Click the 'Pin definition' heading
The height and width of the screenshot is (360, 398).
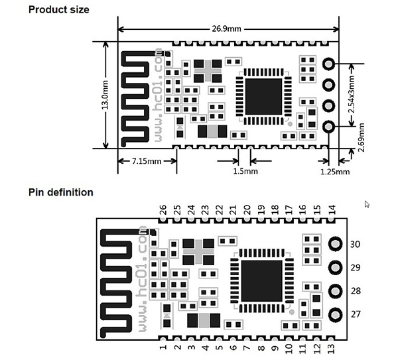point(61,192)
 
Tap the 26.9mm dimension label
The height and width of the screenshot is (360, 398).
point(228,29)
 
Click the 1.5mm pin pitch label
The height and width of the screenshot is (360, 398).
point(245,171)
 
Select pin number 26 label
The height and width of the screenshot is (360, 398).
point(163,210)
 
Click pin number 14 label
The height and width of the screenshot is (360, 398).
point(332,210)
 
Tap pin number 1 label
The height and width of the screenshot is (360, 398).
point(163,347)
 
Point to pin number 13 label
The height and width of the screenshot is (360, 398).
point(331,347)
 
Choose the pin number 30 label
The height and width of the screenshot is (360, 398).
point(355,245)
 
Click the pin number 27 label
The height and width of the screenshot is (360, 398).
point(355,314)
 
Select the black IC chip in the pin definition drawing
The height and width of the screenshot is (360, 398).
point(261,278)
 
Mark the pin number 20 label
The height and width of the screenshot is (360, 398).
point(247,210)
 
